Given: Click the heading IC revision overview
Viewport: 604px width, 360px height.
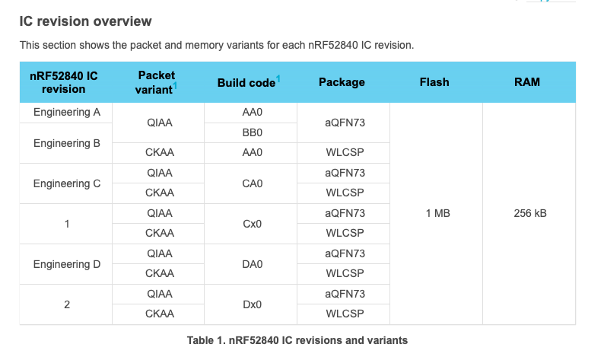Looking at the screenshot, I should click(85, 21).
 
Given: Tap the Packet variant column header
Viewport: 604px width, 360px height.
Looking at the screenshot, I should click(157, 81).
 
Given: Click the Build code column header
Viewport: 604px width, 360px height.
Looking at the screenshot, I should click(246, 82).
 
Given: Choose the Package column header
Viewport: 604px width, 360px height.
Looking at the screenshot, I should click(342, 82).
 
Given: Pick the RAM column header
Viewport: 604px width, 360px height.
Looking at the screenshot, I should click(527, 82).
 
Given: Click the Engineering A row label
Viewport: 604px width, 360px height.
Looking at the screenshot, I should click(67, 113).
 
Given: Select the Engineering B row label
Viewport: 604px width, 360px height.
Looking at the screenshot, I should click(67, 143).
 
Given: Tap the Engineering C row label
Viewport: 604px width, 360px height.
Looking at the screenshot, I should click(67, 183).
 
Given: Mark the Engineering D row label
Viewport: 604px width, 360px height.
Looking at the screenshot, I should click(67, 264).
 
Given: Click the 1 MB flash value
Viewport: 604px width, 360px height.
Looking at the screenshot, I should click(437, 214).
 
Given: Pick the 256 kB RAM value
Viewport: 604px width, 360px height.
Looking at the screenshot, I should click(530, 214).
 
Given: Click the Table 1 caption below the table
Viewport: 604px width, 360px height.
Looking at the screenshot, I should click(297, 340).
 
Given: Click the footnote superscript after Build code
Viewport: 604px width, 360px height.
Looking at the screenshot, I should click(278, 78).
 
